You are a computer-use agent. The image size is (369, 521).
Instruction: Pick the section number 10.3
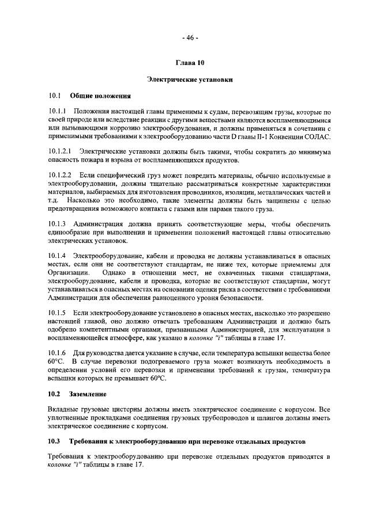point(54,441)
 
